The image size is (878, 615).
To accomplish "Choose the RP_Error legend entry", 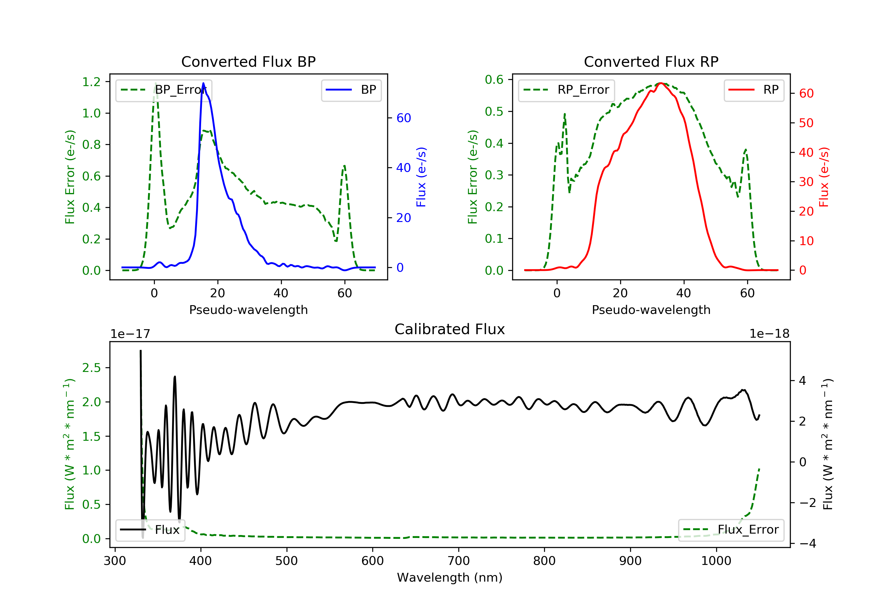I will point(567,90).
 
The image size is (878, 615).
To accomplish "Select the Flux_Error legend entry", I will point(731,530).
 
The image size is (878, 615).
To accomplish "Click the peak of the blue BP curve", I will point(203,83).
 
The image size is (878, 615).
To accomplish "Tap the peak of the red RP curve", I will point(661,83).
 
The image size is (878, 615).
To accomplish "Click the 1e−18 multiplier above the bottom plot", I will point(769,334).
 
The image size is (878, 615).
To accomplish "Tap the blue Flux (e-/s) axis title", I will point(421,177).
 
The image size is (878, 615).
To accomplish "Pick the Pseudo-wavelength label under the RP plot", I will point(651,310).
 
